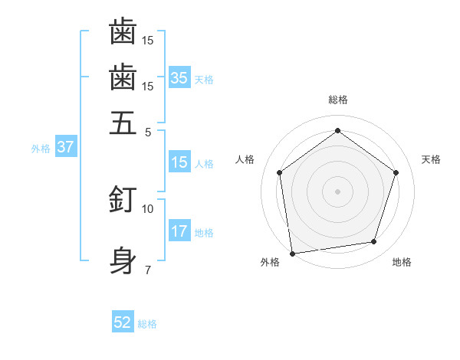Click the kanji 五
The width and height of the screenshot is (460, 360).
pyautogui.click(x=123, y=123)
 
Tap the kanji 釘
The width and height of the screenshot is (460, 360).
pyautogui.click(x=123, y=200)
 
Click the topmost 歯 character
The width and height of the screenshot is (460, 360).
pyautogui.click(x=123, y=31)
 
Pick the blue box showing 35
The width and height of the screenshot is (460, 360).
pyautogui.click(x=179, y=77)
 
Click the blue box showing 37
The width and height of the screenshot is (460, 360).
pyautogui.click(x=65, y=147)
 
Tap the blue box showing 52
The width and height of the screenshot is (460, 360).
pyautogui.click(x=123, y=322)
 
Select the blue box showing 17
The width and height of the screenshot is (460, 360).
pyautogui.click(x=179, y=231)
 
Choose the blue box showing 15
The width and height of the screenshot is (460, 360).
pyautogui.click(x=179, y=162)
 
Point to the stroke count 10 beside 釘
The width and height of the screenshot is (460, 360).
pyautogui.click(x=148, y=208)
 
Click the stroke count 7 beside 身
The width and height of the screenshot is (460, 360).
pyautogui.click(x=148, y=270)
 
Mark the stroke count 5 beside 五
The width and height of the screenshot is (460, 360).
pyautogui.click(x=148, y=131)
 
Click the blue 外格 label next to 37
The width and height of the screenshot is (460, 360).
pyautogui.click(x=41, y=149)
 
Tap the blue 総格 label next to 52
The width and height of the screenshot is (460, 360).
pyautogui.click(x=147, y=324)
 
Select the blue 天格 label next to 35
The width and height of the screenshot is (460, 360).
pyautogui.click(x=204, y=80)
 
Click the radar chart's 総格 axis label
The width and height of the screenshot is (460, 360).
pyautogui.click(x=337, y=100)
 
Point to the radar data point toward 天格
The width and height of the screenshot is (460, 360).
pyautogui.click(x=396, y=172)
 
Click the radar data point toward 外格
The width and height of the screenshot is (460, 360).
pyautogui.click(x=292, y=253)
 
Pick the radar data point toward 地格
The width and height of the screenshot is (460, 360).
pyautogui.click(x=374, y=242)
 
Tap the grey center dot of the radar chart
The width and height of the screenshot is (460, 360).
pyautogui.click(x=337, y=191)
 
